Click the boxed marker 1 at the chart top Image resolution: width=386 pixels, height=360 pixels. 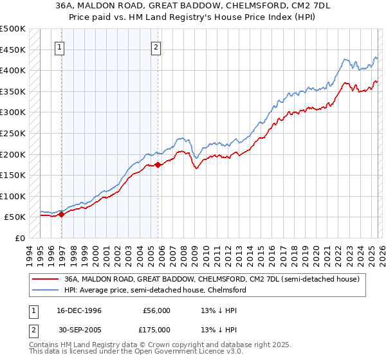click(59, 46)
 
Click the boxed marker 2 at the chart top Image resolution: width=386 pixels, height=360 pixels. click(156, 46)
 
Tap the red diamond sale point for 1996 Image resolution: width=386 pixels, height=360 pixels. click(62, 215)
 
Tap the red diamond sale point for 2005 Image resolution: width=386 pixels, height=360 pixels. click(158, 165)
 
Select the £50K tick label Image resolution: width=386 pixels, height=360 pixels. click(16, 217)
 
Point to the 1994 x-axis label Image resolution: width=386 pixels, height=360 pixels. click(29, 254)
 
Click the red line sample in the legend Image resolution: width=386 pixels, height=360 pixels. click(45, 279)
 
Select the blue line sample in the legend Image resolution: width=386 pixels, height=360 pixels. click(45, 290)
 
